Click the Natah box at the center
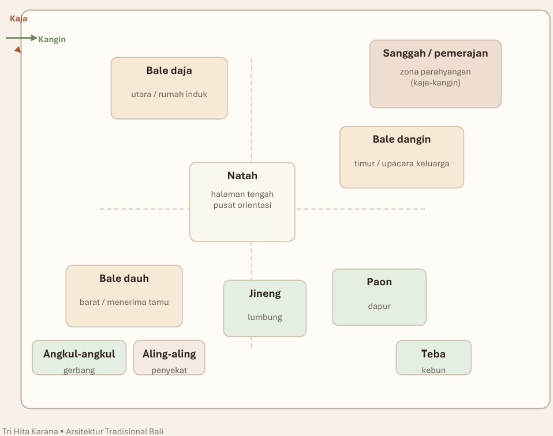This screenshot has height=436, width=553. coord(242,202)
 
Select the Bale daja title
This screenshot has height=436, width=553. coord(169,70)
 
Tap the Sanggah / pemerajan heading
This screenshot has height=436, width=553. coord(436,53)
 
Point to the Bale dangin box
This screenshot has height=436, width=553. coord(402,157)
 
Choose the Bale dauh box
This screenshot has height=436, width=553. coord(124,296)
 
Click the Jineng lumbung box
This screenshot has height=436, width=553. coord(265,308)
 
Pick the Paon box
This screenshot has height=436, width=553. coord(379,297)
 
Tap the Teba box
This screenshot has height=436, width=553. coord(434,357)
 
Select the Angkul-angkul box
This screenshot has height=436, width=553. coord(79,357)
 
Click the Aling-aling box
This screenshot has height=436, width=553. coord(169,357)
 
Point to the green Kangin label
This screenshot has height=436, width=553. coord(52,39)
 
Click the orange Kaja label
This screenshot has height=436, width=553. coord(18,18)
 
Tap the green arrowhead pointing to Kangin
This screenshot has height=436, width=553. coord(34,38)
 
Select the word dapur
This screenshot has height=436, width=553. coord(379,306)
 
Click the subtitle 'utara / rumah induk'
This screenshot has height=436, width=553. coord(169,94)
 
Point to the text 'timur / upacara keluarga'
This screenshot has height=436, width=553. coord(402,163)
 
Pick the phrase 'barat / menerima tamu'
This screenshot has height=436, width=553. coord(124,302)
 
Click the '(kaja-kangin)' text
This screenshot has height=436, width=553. coord(436,83)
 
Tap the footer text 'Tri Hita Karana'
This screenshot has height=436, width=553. coord(30,431)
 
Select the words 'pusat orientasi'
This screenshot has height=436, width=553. coord(242,206)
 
